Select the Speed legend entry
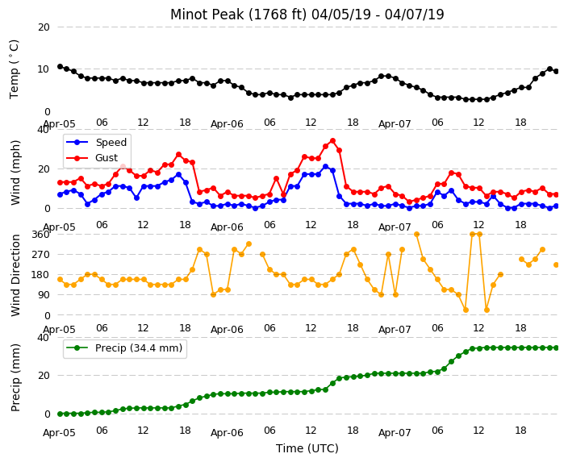[x=96, y=142]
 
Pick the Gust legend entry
[x=92, y=158]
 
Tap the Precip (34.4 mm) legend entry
[x=124, y=348]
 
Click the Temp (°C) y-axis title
[x=14, y=69]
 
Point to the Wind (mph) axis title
[x=15, y=173]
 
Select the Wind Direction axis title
[x=15, y=276]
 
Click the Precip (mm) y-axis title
[x=15, y=378]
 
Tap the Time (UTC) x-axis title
[x=307, y=448]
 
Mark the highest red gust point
[x=332, y=141]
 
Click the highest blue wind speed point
[x=326, y=167]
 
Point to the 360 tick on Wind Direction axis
[x=40, y=235]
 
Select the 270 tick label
[x=40, y=255]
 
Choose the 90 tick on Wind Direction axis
[x=44, y=295]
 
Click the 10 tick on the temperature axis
[x=44, y=69]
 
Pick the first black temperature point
[x=61, y=67]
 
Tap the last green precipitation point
[x=557, y=348]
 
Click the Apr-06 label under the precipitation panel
[x=227, y=433]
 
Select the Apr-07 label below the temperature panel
[x=395, y=124]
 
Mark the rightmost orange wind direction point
[x=557, y=265]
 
